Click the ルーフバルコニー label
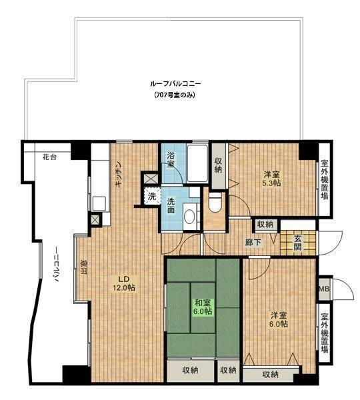pyautogui.click(x=176, y=84)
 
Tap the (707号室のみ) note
pyautogui.click(x=175, y=95)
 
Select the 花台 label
pyautogui.click(x=49, y=157)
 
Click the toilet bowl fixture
pyautogui.click(x=215, y=202)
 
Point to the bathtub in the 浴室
pyautogui.click(x=197, y=163)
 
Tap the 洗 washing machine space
pyautogui.click(x=152, y=196)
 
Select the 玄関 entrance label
pyautogui.click(x=298, y=243)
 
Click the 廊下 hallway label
pyautogui.click(x=253, y=243)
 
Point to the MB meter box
pyautogui.click(x=324, y=289)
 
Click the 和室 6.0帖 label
pyautogui.click(x=203, y=307)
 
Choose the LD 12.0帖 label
pyautogui.click(x=124, y=283)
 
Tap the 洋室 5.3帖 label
pyautogui.click(x=271, y=179)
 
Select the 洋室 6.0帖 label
pyautogui.click(x=279, y=319)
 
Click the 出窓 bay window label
pyautogui.click(x=84, y=267)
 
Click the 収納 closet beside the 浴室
pyautogui.click(x=218, y=165)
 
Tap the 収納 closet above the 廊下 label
pyautogui.click(x=265, y=225)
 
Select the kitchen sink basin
pyautogui.click(x=99, y=203)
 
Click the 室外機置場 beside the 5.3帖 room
pyautogui.click(x=324, y=179)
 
